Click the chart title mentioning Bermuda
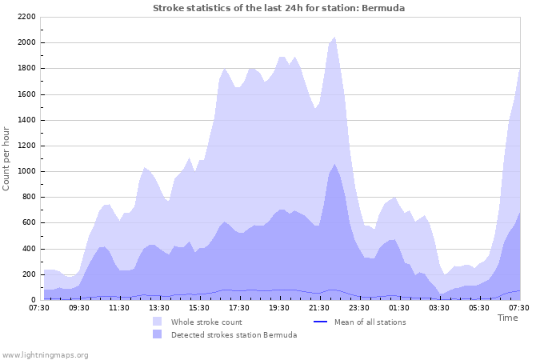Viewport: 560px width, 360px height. point(278,8)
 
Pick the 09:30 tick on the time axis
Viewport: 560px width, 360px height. point(79,306)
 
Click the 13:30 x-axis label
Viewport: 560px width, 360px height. point(159,306)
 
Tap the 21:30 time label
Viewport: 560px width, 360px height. point(319,306)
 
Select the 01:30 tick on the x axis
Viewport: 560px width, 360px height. point(399,306)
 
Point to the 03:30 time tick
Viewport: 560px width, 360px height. point(439,306)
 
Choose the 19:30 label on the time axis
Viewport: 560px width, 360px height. point(279,306)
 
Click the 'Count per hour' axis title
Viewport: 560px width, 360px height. point(7,158)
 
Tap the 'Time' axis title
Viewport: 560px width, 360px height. point(507,318)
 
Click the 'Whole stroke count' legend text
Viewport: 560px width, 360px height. point(206,322)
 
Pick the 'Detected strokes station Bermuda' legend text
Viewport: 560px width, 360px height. point(234,334)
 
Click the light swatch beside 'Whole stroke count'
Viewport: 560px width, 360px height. point(158,322)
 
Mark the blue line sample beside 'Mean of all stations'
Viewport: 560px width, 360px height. point(321,322)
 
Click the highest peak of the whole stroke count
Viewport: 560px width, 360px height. point(334,37)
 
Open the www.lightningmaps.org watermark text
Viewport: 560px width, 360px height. point(45,354)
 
